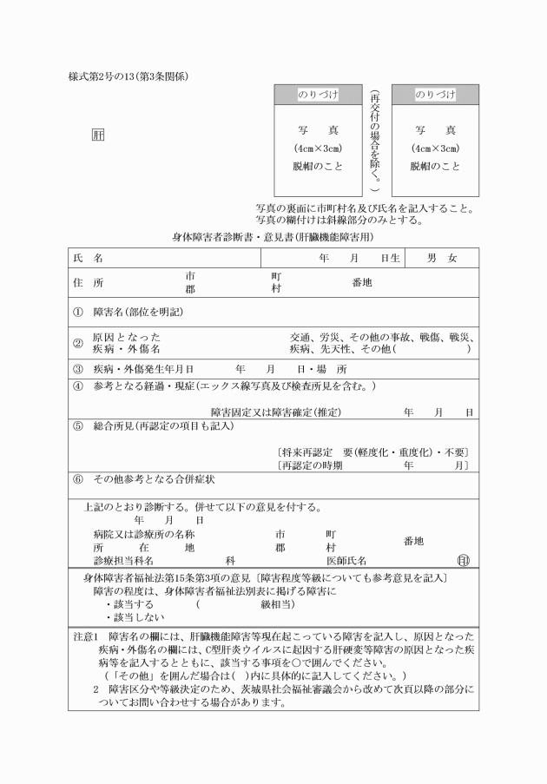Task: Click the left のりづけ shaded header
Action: tap(318, 94)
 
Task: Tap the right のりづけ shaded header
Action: tap(434, 94)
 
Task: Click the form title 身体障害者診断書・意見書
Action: tap(273, 236)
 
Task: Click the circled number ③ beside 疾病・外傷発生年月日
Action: tap(77, 369)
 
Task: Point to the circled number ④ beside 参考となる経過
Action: tap(77, 385)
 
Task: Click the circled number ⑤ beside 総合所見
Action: tap(77, 426)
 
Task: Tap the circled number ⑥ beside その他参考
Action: tap(77, 478)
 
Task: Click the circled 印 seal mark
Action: tap(462, 561)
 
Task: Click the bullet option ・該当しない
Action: tap(135, 617)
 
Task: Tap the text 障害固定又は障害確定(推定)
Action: tap(275, 412)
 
